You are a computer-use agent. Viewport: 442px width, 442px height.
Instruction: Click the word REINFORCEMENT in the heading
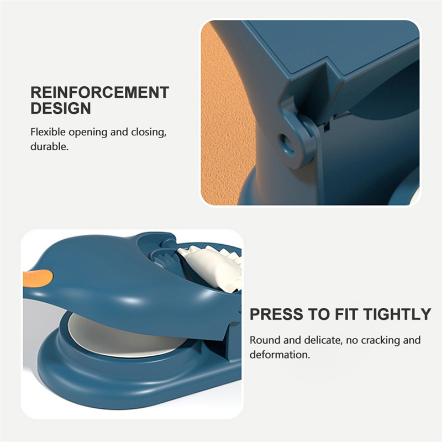(100, 92)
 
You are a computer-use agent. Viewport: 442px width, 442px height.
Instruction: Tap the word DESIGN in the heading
(61, 108)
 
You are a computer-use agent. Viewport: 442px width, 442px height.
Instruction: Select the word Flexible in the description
(48, 132)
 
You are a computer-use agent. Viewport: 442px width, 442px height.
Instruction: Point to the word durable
(49, 146)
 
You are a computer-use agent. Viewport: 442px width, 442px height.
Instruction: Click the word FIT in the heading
(346, 314)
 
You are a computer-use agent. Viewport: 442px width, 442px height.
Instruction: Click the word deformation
(280, 355)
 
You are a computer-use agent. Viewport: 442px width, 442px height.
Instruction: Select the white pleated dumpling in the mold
(212, 268)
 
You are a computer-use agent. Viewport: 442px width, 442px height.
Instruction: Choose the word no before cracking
(352, 340)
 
